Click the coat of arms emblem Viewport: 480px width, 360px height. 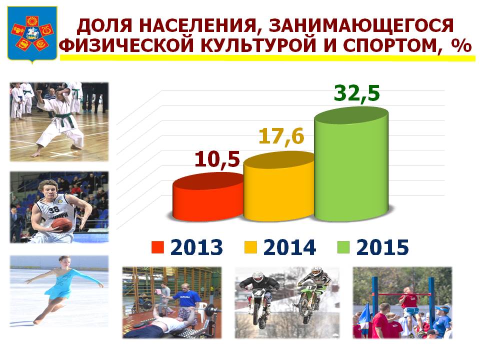click(32, 34)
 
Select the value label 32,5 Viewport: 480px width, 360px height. click(356, 93)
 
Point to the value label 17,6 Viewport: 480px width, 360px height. click(281, 135)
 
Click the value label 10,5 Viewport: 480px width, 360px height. click(216, 159)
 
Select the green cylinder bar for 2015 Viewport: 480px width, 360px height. click(351, 164)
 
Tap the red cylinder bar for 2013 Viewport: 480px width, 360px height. click(208, 197)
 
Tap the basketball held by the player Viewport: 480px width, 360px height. click(62, 225)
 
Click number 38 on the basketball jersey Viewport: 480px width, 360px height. click(54, 210)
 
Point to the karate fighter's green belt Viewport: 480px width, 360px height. click(65, 120)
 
